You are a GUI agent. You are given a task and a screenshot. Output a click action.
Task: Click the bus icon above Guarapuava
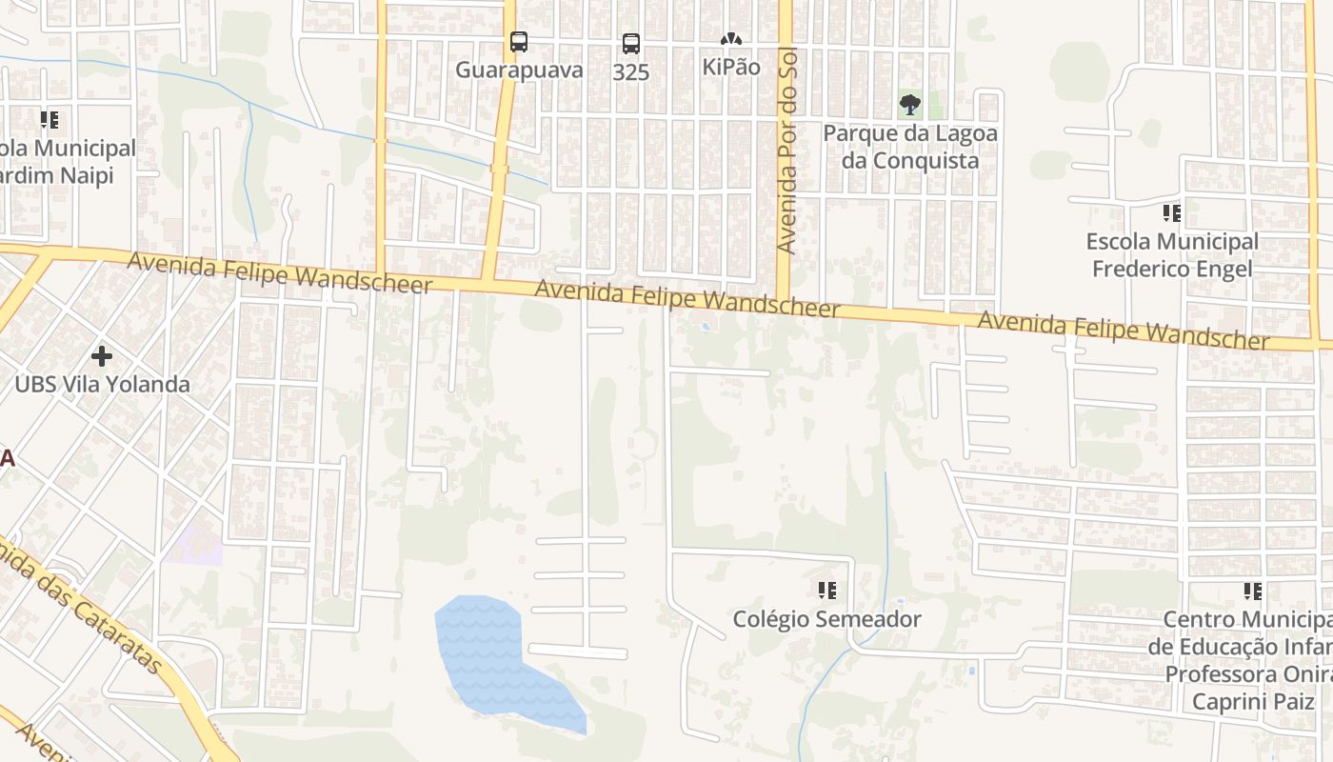click(518, 42)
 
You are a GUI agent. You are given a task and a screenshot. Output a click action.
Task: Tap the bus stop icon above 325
click(630, 43)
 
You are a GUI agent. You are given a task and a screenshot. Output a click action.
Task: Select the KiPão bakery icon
click(730, 40)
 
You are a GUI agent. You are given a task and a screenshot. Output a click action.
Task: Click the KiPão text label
click(730, 68)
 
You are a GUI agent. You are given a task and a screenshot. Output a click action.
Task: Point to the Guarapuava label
click(519, 70)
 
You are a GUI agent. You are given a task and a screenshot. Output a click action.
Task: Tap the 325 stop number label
click(630, 72)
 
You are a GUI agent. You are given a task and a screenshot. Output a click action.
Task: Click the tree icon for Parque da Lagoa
click(909, 105)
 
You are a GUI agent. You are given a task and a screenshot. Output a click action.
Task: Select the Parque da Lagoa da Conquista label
click(909, 147)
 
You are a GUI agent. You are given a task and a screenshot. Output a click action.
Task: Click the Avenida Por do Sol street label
click(786, 152)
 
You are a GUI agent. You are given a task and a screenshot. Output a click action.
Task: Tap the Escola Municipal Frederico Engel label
click(1172, 255)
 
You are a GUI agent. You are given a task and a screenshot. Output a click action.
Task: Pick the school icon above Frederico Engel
click(1171, 213)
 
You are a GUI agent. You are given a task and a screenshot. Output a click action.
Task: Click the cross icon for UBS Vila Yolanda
click(102, 356)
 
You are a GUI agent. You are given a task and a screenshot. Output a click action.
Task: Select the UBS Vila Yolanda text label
click(102, 385)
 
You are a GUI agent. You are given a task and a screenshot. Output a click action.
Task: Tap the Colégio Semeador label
click(826, 619)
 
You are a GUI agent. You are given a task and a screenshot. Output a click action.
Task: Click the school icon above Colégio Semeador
click(826, 591)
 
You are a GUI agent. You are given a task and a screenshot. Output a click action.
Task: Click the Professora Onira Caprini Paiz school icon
click(1252, 592)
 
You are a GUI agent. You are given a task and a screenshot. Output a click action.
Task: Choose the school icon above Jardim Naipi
click(49, 120)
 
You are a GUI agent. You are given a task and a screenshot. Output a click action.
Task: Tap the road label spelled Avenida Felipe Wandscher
click(1124, 330)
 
